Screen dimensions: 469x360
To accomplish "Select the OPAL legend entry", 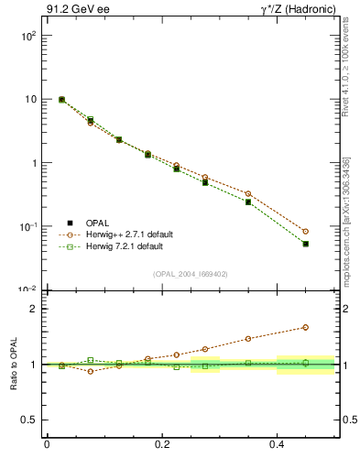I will tap(97, 223).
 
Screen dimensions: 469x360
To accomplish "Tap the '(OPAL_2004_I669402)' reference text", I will tap(191, 273).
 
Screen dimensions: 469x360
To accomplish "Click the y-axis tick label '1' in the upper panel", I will tap(33, 163).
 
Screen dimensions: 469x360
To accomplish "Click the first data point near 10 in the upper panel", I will tap(61, 100).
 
